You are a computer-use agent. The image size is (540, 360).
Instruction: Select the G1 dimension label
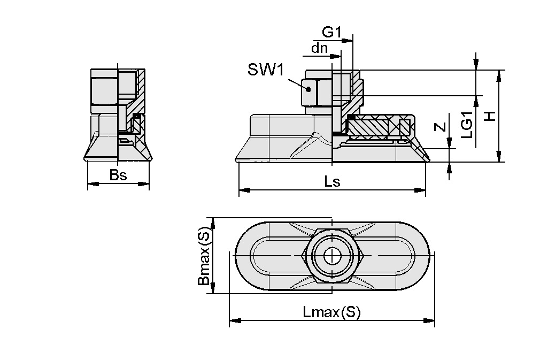point(331,32)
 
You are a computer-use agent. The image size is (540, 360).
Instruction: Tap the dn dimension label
point(319,48)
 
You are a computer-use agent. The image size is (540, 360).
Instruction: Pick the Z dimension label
point(439,127)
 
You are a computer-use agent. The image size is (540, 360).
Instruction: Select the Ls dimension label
point(332,182)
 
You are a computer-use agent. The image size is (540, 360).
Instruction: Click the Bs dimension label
point(118,175)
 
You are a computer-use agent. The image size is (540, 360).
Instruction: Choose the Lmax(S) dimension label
point(331,312)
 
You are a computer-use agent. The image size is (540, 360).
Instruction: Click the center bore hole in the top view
point(332,256)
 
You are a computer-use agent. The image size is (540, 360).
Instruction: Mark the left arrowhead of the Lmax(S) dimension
point(234,321)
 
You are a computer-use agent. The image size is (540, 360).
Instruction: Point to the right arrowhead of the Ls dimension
point(421,189)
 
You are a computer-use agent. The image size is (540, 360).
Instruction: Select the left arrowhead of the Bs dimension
point(91,184)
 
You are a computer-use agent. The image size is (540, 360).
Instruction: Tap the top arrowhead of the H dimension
point(498,74)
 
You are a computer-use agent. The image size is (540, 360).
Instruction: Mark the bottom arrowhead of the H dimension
point(498,157)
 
